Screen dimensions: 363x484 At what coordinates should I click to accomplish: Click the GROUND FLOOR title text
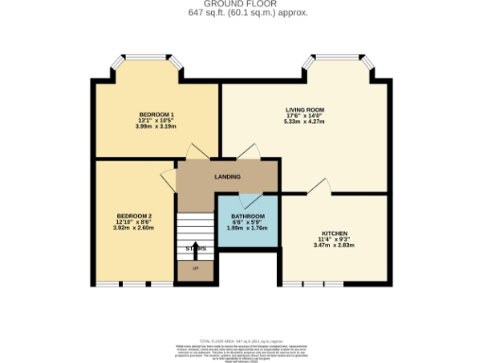[241, 5]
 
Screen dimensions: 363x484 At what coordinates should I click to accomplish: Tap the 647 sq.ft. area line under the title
[241, 13]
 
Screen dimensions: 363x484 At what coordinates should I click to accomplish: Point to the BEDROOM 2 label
[134, 216]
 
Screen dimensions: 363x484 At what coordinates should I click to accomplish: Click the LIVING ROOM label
[304, 110]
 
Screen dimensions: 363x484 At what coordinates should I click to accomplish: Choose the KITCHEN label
[335, 233]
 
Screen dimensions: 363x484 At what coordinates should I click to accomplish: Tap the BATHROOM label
[247, 216]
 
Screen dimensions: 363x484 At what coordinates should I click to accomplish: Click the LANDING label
[227, 177]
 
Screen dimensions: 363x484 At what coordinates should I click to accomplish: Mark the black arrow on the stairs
[196, 251]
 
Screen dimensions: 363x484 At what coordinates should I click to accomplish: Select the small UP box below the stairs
[196, 269]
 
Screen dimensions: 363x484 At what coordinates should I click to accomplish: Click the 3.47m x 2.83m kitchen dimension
[335, 246]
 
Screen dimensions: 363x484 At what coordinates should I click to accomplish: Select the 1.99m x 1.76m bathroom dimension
[247, 228]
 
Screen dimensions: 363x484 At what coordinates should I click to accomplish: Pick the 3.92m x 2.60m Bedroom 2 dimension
[134, 228]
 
